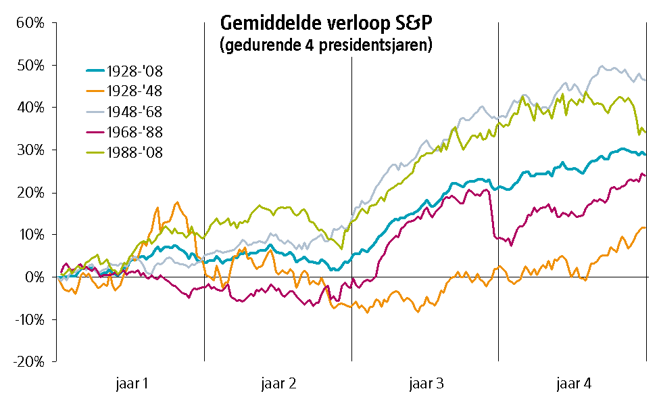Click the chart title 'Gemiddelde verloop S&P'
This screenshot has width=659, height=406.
[x=326, y=23]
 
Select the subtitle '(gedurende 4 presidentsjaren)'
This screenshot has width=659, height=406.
[x=326, y=45]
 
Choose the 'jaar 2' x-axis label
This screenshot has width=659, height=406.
[x=278, y=384]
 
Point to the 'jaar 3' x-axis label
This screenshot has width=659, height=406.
[x=425, y=384]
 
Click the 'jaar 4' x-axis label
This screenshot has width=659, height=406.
[x=573, y=384]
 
